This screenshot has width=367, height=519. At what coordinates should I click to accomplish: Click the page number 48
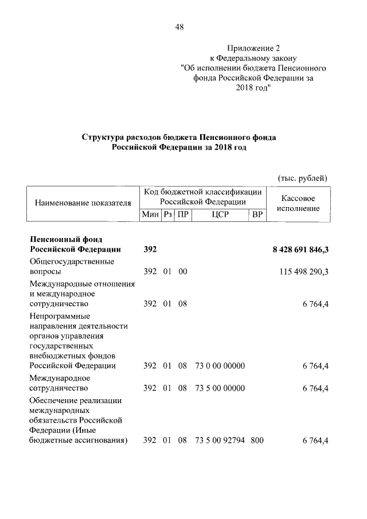(179, 27)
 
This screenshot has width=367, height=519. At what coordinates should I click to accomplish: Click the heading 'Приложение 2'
(252, 48)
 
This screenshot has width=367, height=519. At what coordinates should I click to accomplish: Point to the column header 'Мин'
(150, 214)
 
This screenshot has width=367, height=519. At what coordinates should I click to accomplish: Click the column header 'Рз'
(167, 214)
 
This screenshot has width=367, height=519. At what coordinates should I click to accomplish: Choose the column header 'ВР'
(257, 214)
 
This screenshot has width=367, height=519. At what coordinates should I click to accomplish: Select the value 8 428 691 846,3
(300, 249)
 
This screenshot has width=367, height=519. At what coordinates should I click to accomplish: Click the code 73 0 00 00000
(220, 365)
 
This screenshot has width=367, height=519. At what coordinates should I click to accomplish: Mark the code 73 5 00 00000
(220, 388)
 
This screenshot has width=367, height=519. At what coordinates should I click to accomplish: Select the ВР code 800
(257, 440)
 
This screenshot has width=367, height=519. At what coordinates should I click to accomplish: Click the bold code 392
(150, 249)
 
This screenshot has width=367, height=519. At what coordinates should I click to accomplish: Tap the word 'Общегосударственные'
(72, 262)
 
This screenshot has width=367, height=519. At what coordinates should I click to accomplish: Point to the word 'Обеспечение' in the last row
(55, 400)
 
